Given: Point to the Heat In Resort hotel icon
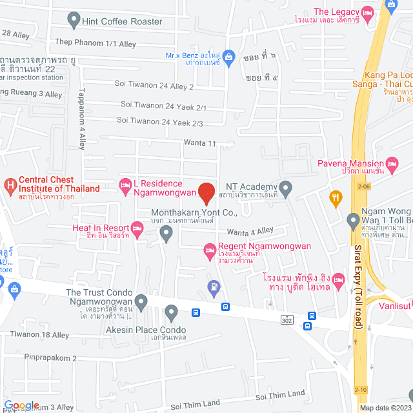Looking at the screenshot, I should point(136,228).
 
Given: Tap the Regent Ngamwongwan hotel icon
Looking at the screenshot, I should point(209,250).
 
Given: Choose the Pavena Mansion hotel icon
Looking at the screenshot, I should point(391,163).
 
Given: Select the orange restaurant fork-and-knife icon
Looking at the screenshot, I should point(335,198).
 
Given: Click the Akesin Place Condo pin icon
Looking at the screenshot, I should point(171,314).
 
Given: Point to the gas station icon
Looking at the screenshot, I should point(213,286).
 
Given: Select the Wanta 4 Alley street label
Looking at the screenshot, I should point(250,230).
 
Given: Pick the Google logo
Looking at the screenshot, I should point(21,405).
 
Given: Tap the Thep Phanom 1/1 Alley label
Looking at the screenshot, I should point(96,44).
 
